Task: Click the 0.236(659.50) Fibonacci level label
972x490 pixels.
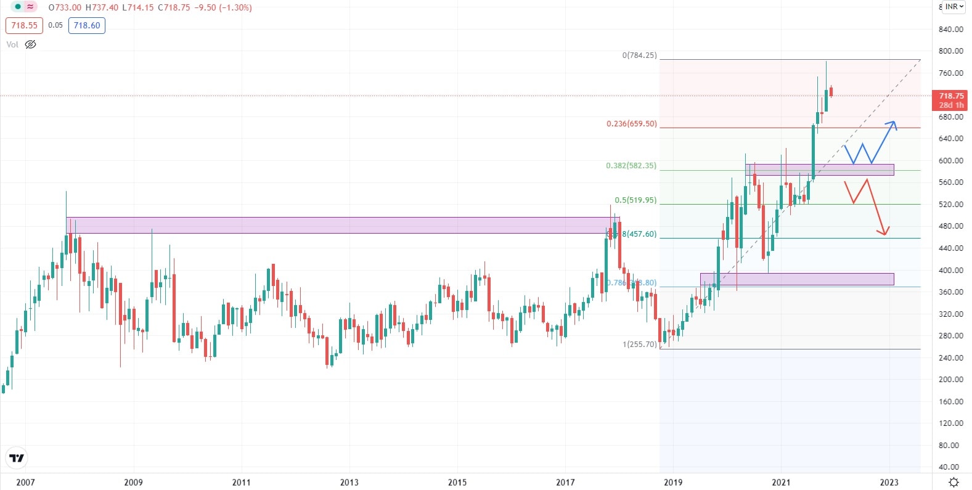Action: [x=631, y=124]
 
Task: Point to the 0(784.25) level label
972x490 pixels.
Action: [x=639, y=55]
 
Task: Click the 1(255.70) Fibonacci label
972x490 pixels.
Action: [x=639, y=345]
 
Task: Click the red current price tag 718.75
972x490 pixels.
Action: [x=951, y=100]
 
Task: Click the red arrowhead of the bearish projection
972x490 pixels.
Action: [x=884, y=232]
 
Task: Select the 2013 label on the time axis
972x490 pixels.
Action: [x=349, y=482]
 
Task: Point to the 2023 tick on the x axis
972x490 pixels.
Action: [x=889, y=482]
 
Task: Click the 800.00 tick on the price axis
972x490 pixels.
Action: [x=950, y=51]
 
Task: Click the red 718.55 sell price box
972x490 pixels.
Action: [x=24, y=25]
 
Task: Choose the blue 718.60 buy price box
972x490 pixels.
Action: [x=86, y=25]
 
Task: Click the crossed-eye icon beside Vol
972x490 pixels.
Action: [x=30, y=44]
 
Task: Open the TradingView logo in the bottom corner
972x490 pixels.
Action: [x=17, y=458]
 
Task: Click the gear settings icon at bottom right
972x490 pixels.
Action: [x=954, y=482]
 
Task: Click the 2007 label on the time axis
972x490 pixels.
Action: [x=25, y=482]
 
